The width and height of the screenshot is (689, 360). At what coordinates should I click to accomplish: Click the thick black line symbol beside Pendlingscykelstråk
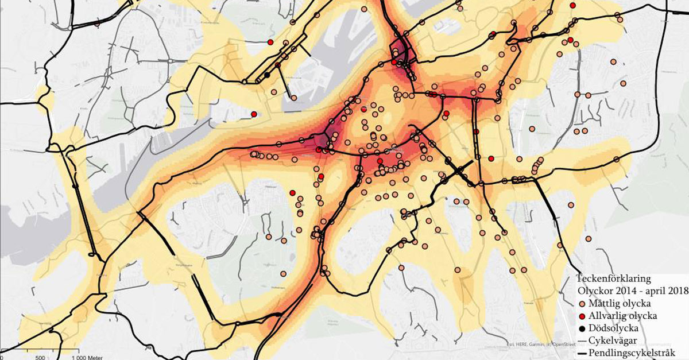(583, 353)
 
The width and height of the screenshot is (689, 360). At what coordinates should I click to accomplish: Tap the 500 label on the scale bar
(40, 357)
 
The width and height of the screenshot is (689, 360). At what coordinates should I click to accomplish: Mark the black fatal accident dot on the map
(267, 75)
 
